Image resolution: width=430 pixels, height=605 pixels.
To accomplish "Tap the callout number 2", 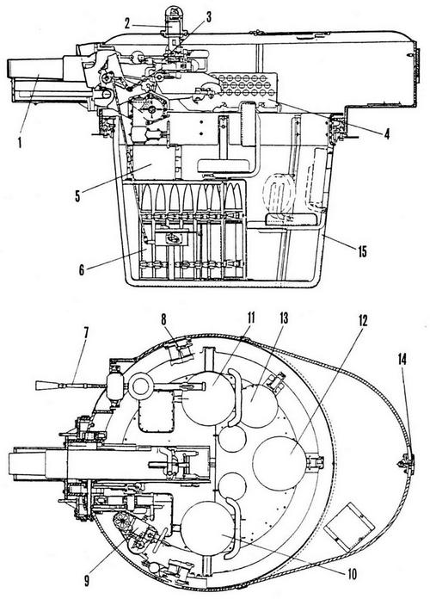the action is pyautogui.click(x=127, y=24).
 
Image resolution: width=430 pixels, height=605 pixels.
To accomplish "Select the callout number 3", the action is pyautogui.click(x=209, y=16).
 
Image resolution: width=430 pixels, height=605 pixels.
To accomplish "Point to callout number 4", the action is pyautogui.click(x=386, y=133).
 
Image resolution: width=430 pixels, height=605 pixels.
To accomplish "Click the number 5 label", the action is pyautogui.click(x=78, y=196).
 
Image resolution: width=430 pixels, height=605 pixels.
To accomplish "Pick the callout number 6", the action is pyautogui.click(x=82, y=269).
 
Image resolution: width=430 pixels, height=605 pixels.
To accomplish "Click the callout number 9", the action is pyautogui.click(x=86, y=581).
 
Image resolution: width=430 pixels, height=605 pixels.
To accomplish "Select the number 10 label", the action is pyautogui.click(x=352, y=574).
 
